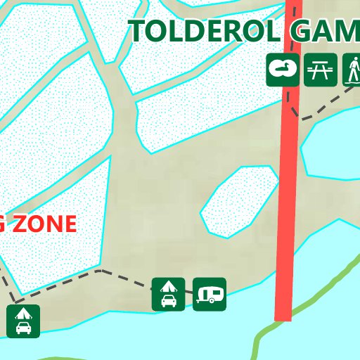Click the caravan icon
pyautogui.click(x=210, y=294)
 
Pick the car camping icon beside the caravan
pyautogui.click(x=169, y=294)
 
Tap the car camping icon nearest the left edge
pyautogui.click(x=23, y=321)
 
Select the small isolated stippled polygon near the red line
pyautogui.click(x=239, y=200)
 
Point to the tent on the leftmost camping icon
pyautogui.click(x=23, y=314)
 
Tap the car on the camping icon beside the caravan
pyautogui.click(x=169, y=301)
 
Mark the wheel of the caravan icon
pyautogui.click(x=212, y=300)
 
